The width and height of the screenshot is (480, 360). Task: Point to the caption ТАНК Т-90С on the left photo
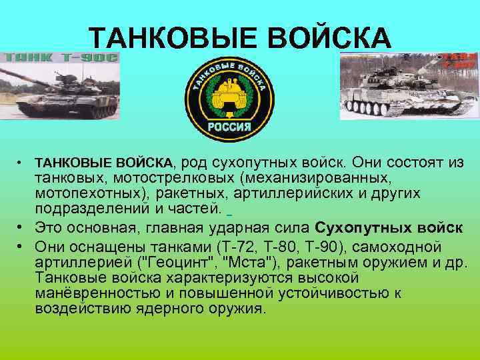click(61, 58)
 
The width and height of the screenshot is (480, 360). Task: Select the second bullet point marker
click(22, 227)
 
